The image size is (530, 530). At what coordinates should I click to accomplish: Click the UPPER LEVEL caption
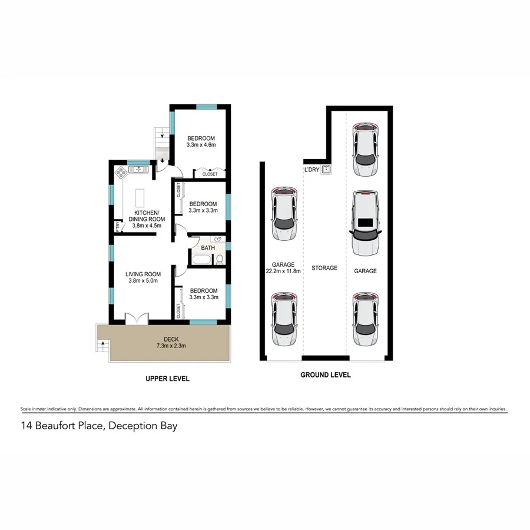pyautogui.click(x=167, y=379)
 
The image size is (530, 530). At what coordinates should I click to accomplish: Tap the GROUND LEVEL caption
pyautogui.click(x=325, y=375)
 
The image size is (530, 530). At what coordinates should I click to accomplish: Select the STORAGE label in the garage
pyautogui.click(x=324, y=268)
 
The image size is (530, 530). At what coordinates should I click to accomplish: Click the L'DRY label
pyautogui.click(x=311, y=170)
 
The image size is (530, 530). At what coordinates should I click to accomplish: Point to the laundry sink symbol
pyautogui.click(x=326, y=170)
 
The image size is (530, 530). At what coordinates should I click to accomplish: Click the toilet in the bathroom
pyautogui.click(x=219, y=259)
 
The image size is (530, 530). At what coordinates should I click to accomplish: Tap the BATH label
pyautogui.click(x=208, y=248)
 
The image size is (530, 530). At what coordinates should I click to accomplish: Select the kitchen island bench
pyautogui.click(x=140, y=197)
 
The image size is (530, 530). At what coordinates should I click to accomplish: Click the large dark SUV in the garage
pyautogui.click(x=365, y=223)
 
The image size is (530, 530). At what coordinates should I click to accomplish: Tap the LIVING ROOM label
pyautogui.click(x=143, y=273)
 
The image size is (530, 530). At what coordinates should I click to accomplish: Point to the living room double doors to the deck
pyautogui.click(x=137, y=318)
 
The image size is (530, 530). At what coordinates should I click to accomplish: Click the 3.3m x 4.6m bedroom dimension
pyautogui.click(x=202, y=144)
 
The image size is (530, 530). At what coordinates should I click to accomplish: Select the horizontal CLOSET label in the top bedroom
pyautogui.click(x=210, y=174)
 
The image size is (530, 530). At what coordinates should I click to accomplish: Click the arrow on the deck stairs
pyautogui.click(x=100, y=343)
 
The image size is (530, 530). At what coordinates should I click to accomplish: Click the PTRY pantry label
pyautogui.click(x=118, y=227)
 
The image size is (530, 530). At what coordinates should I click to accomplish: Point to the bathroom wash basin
pyautogui.click(x=218, y=240)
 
